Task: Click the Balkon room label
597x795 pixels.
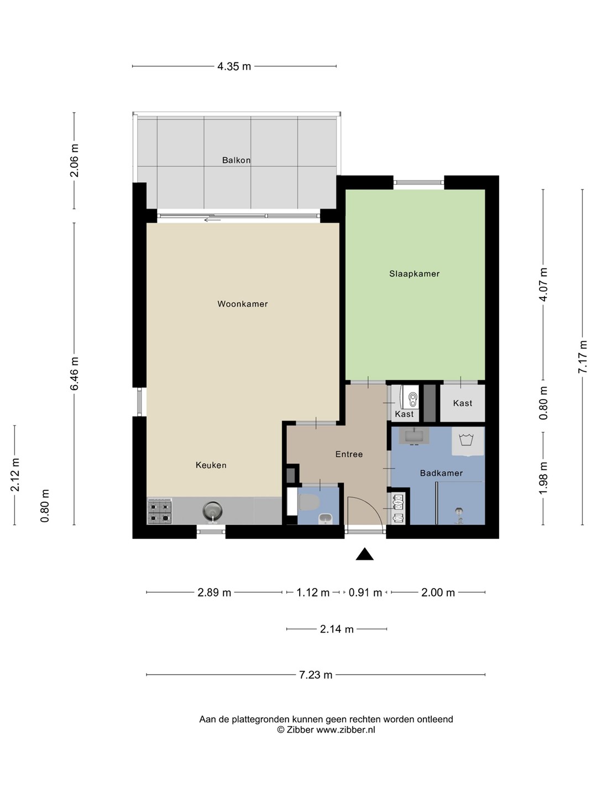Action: click(x=236, y=160)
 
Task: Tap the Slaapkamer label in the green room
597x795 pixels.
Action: click(x=415, y=274)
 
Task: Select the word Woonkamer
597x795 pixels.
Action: click(x=243, y=304)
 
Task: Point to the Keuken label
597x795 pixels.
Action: click(x=211, y=465)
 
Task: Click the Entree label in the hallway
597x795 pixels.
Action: click(x=349, y=454)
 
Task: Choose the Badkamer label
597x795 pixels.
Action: click(x=441, y=473)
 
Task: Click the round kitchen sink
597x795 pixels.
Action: click(x=212, y=510)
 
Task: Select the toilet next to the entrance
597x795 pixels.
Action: click(x=308, y=502)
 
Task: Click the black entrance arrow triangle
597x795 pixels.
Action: click(x=364, y=554)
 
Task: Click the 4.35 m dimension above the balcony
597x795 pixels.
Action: click(x=234, y=66)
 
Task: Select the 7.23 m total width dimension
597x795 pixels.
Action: click(x=315, y=675)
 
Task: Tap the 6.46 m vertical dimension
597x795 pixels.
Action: click(x=74, y=373)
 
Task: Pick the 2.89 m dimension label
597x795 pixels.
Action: click(x=214, y=592)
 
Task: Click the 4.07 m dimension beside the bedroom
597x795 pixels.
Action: click(x=543, y=285)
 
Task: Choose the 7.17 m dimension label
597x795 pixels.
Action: click(x=583, y=357)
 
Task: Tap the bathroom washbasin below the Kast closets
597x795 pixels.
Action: click(x=414, y=436)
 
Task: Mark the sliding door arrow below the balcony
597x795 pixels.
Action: click(x=212, y=220)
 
